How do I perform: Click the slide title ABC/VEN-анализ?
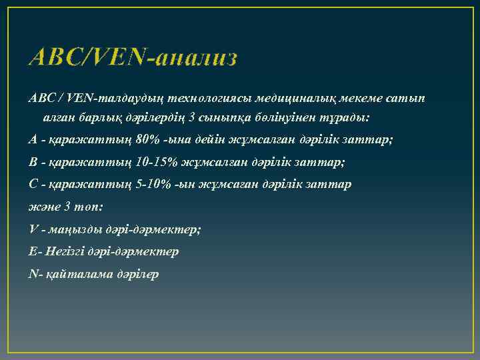pyautogui.click(x=133, y=58)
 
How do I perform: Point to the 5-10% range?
pyautogui.click(x=151, y=184)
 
